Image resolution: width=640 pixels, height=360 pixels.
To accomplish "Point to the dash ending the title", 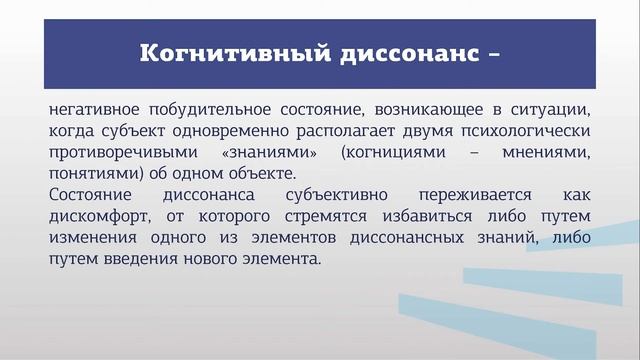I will click(491, 54).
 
